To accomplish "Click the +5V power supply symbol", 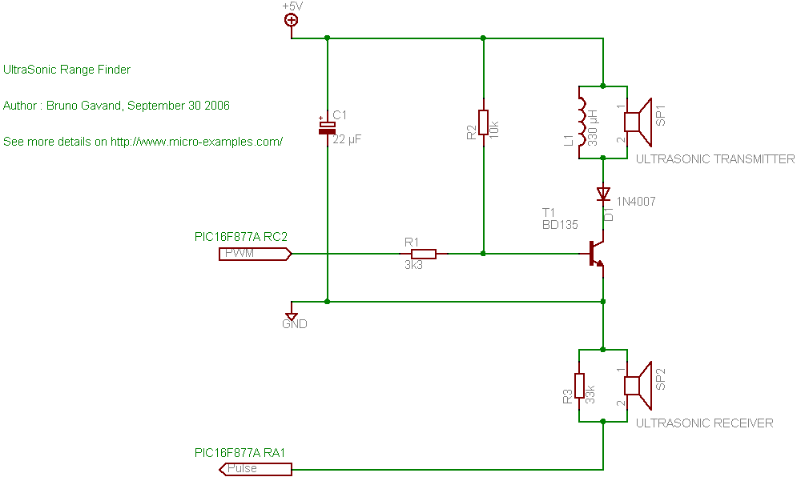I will (x=292, y=21).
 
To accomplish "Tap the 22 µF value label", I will (x=346, y=139).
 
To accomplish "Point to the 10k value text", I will (x=494, y=127).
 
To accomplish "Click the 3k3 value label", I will (x=413, y=266).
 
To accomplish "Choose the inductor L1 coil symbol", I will (x=582, y=122).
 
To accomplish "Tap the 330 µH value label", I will (x=594, y=128).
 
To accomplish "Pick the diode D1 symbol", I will (x=602, y=194).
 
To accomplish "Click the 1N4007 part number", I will (x=636, y=202).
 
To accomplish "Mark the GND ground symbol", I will (x=292, y=316).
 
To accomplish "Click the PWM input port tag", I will (x=254, y=254).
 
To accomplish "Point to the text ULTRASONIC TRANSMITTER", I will (x=714, y=159).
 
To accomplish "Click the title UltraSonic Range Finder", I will (x=66, y=70).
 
